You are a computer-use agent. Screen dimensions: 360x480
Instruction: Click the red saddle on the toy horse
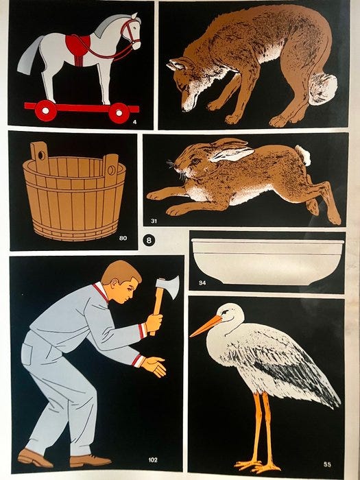pyautogui.click(x=78, y=47)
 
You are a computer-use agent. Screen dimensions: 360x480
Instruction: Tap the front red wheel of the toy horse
pyautogui.click(x=119, y=113)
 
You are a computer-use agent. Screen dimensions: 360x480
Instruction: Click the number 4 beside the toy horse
pyautogui.click(x=134, y=123)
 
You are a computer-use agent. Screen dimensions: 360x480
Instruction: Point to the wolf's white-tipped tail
pyautogui.click(x=323, y=88)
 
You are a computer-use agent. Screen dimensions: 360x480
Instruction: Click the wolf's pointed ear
pyautogui.click(x=174, y=64)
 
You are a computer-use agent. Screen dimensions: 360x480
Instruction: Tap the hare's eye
pyautogui.click(x=195, y=160)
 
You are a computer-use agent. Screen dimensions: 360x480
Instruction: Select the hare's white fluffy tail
pyautogui.click(x=303, y=155)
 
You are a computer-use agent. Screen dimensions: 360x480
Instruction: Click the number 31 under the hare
pyautogui.click(x=154, y=220)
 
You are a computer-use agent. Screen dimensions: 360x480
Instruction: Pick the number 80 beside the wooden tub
pyautogui.click(x=123, y=238)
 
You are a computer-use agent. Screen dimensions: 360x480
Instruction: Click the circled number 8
pyautogui.click(x=149, y=240)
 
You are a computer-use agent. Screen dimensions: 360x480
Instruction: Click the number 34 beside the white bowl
pyautogui.click(x=202, y=283)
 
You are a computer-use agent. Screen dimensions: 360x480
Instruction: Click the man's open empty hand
pyautogui.click(x=154, y=366)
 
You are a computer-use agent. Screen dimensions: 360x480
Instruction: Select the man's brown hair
pyautogui.click(x=121, y=272)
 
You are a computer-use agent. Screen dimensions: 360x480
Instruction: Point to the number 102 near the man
pyautogui.click(x=153, y=459)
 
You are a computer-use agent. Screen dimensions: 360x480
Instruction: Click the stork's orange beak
pyautogui.click(x=206, y=326)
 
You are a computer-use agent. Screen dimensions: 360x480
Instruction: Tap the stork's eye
pyautogui.click(x=225, y=311)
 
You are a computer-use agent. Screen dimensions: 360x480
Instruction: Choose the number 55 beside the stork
pyautogui.click(x=327, y=464)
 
